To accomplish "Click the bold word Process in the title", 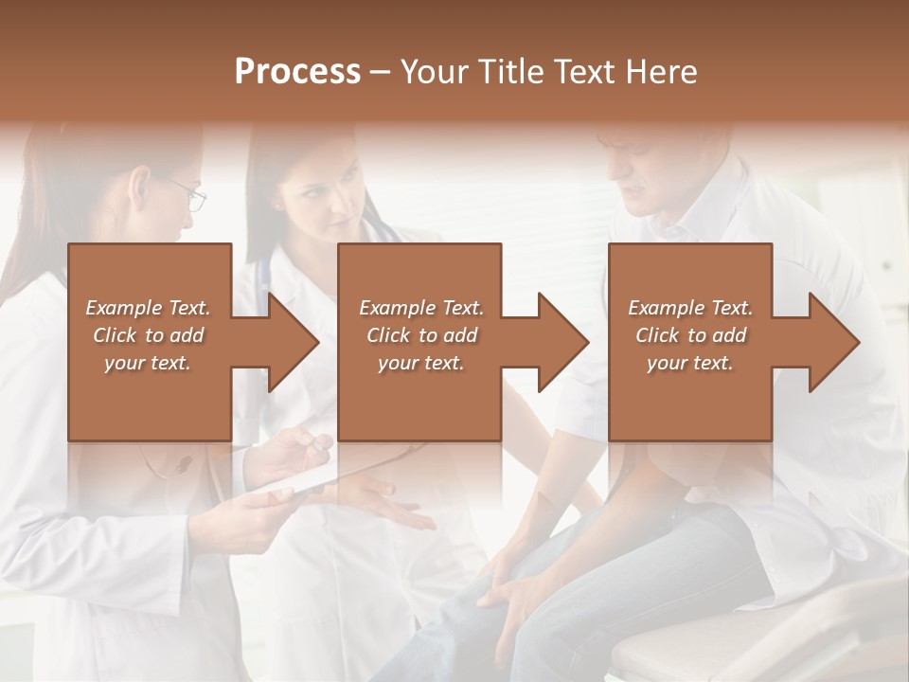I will tap(297, 72).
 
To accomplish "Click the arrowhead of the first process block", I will tap(292, 343).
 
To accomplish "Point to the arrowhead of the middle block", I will tap(561, 343).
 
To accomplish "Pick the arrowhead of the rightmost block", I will tap(832, 343).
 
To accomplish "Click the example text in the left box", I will tap(149, 335).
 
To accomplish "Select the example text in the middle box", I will tap(421, 335).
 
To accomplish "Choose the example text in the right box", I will tap(690, 335).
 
